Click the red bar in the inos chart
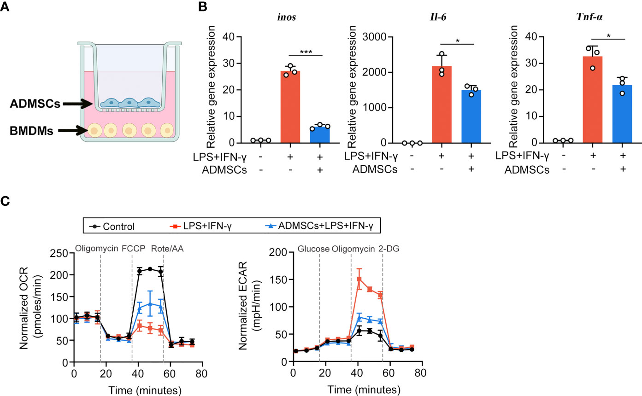coord(290,107)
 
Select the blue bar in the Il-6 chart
coord(471,116)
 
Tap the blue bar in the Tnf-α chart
coord(622,114)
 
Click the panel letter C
coord(5,201)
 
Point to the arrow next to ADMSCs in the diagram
coord(78,104)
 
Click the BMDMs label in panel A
coord(31,131)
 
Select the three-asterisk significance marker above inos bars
coord(306,52)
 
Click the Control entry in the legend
coord(112,227)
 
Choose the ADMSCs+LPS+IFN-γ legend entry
coord(319,226)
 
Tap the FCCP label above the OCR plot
coord(134,248)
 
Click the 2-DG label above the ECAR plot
coord(389,249)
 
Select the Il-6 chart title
coord(438,17)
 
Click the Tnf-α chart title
coord(589,17)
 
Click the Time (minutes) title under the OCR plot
coord(145,390)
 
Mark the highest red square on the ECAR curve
coord(359,279)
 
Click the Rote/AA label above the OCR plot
coord(167,249)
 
